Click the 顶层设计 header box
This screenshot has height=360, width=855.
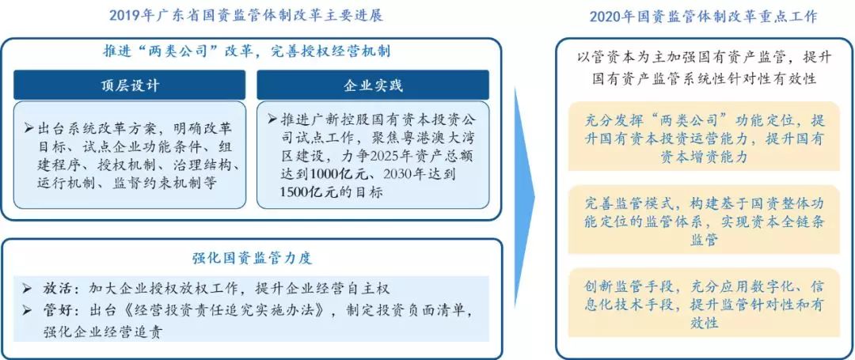pos(130,85)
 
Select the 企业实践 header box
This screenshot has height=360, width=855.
pos(373,85)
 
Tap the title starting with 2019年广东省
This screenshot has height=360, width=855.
pos(246,15)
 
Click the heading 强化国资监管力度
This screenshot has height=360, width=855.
pos(252,258)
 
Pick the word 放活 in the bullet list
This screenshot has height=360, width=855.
pos(54,288)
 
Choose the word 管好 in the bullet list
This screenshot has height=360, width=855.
pos(54,310)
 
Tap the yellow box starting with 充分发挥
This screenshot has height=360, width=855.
pos(704,136)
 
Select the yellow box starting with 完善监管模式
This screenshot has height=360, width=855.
pos(704,219)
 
